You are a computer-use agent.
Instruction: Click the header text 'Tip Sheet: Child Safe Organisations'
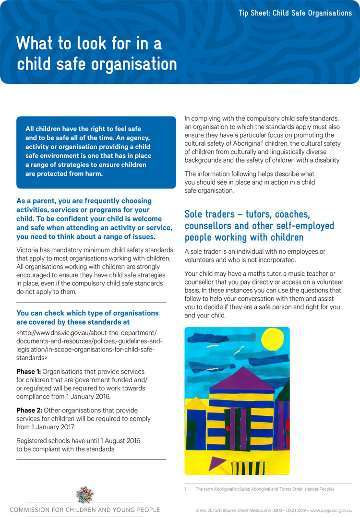[x=295, y=13]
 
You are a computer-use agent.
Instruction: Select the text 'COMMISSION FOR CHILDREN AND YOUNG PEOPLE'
[x=84, y=510]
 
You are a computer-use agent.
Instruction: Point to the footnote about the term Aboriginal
[x=264, y=489]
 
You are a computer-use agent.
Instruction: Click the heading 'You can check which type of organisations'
[x=87, y=313]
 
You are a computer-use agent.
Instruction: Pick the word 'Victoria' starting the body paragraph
[x=30, y=250]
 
